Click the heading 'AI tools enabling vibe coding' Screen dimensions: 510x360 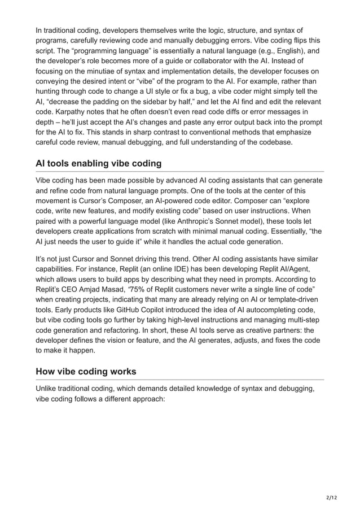click(98, 163)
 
